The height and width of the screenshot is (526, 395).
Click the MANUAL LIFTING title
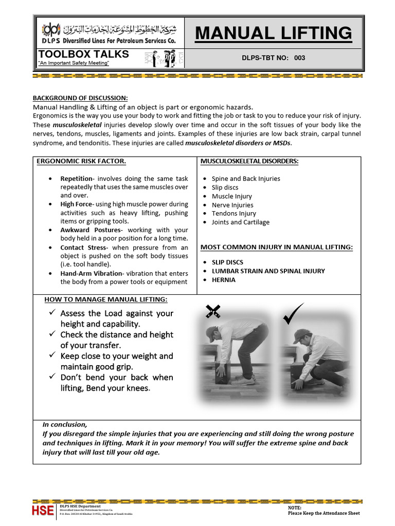click(274, 33)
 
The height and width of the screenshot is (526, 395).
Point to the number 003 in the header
click(299, 58)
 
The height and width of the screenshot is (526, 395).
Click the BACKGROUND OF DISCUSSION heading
click(80, 98)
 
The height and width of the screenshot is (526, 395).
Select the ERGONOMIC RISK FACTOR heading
click(81, 161)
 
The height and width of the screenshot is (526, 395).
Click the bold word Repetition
click(76, 179)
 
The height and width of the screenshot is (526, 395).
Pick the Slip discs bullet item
click(225, 187)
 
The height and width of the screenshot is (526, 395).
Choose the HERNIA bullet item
click(224, 280)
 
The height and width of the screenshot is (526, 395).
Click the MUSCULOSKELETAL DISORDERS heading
click(249, 161)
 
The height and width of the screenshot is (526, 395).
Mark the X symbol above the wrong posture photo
click(213, 310)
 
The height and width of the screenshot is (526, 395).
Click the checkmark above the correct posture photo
click(294, 313)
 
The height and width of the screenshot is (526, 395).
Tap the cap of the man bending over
click(210, 333)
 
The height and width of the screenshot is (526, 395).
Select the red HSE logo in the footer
click(43, 510)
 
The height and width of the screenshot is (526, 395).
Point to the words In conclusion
click(65, 425)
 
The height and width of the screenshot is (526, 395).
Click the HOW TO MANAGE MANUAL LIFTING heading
click(106, 299)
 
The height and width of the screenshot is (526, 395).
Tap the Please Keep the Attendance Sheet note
click(324, 513)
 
